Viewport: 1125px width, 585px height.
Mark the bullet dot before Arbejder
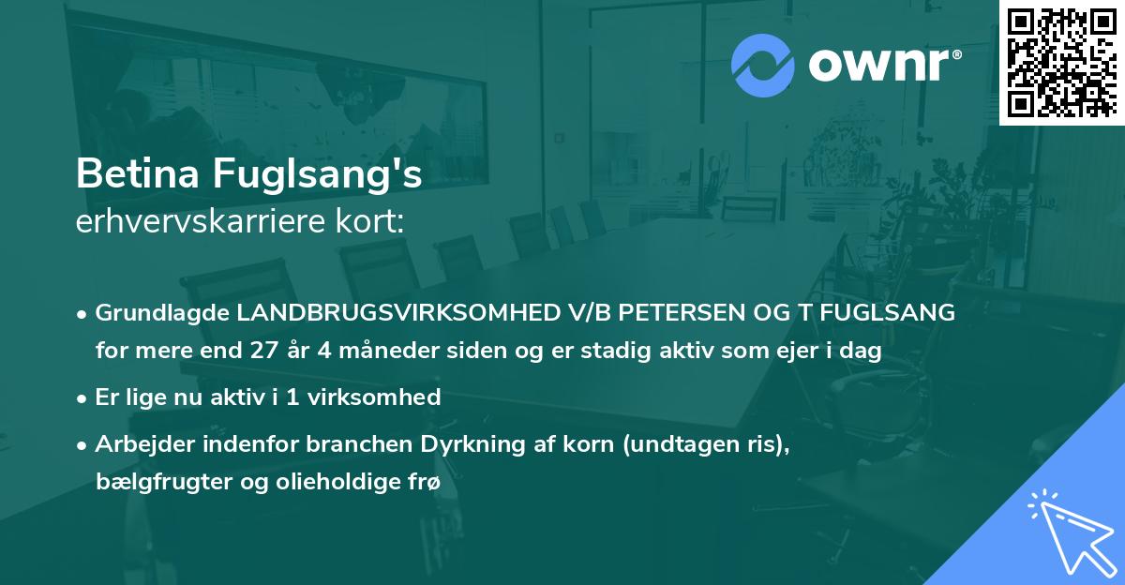click(x=82, y=445)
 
